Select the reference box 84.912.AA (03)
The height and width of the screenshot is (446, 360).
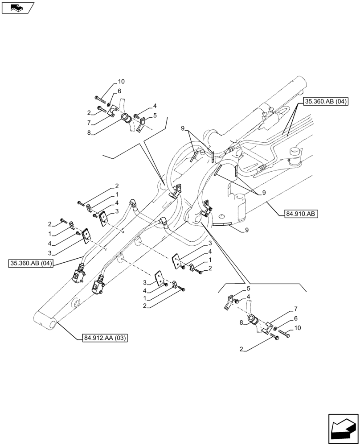click(x=105, y=339)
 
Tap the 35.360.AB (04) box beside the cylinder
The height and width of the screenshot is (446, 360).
click(x=326, y=102)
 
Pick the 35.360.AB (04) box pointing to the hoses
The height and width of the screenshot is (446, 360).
click(x=31, y=264)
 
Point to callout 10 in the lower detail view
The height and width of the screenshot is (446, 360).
click(x=298, y=328)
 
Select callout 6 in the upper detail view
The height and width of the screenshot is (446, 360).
click(x=119, y=91)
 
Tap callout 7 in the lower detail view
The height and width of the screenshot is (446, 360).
click(x=295, y=309)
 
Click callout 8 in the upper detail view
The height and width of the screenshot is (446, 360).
click(x=90, y=132)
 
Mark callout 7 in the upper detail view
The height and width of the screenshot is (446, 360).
click(x=90, y=123)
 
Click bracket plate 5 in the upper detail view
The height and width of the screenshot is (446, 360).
click(x=141, y=124)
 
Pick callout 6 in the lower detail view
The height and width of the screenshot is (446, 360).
click(x=295, y=319)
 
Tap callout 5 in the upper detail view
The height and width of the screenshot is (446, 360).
click(x=155, y=116)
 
